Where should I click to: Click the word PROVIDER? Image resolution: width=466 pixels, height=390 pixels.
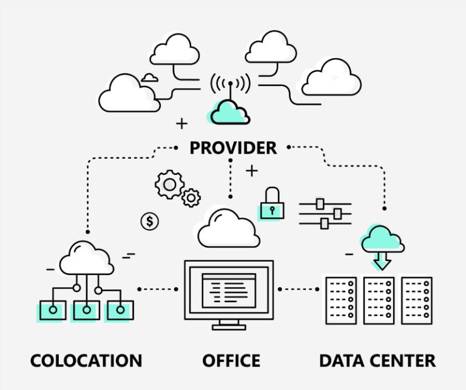pos(233,148)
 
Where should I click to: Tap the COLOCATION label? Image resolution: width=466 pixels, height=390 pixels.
pos(86,361)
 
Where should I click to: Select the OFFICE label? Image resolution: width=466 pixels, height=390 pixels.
pos(231,361)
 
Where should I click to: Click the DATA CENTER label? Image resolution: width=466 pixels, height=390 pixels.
pos(377,361)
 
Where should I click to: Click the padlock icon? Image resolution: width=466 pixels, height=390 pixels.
pos(272,204)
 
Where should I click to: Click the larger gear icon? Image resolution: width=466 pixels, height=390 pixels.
pos(168,184)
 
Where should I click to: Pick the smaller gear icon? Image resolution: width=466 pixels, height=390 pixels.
pos(191,197)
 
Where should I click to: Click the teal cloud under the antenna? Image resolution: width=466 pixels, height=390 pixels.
pos(230,111)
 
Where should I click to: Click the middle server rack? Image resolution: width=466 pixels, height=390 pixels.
pos(379,300)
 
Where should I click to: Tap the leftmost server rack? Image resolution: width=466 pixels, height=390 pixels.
pos(340,300)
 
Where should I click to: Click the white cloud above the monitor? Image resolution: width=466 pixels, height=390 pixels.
pos(229,229)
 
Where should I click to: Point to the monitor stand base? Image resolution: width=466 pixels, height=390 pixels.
pos(229,328)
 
